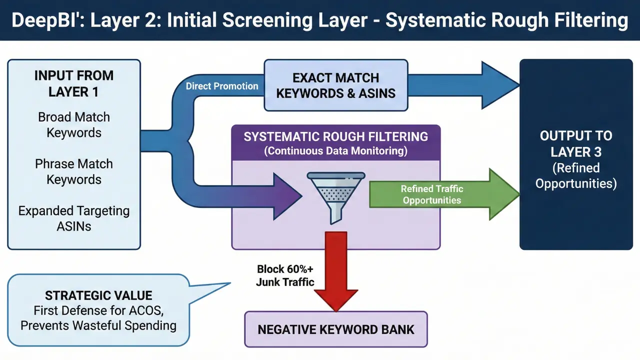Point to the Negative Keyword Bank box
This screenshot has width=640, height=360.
(x=335, y=329)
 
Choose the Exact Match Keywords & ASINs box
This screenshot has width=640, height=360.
(x=335, y=85)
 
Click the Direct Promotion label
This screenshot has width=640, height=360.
(x=222, y=86)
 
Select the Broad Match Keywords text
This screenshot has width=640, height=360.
(x=74, y=125)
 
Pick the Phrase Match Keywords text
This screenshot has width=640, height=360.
(x=74, y=171)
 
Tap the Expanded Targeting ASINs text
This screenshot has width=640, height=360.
(x=74, y=218)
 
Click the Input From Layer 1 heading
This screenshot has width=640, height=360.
(x=74, y=83)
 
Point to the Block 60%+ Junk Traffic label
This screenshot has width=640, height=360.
(x=285, y=275)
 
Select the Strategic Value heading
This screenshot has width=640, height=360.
(x=98, y=295)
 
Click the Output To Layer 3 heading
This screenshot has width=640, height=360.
(x=576, y=143)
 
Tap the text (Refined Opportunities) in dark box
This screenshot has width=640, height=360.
(x=576, y=175)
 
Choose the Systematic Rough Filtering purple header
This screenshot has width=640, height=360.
(x=335, y=136)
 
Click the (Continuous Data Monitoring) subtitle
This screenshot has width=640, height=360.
(x=335, y=150)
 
